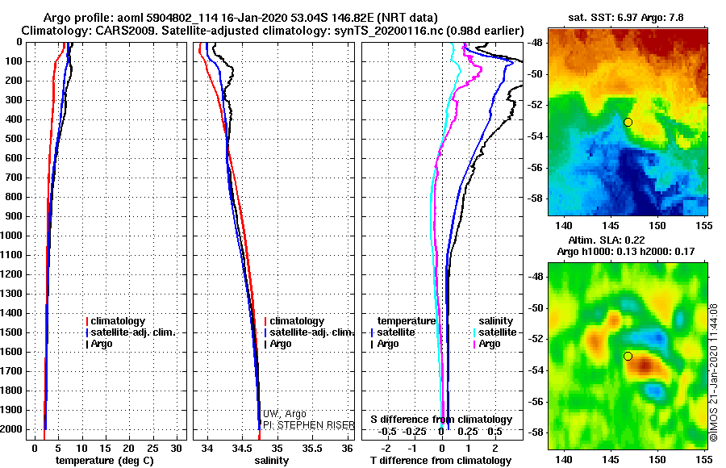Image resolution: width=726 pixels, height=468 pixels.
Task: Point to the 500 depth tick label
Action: [x=15, y=139]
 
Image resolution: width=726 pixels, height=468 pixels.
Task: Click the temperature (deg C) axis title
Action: [x=104, y=460]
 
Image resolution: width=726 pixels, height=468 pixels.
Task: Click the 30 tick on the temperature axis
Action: [x=177, y=448]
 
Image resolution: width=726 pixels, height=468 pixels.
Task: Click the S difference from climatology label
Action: [x=440, y=420]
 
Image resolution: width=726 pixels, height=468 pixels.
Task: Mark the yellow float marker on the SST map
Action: [x=628, y=122]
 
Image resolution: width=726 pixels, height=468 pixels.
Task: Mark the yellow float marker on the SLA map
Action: [x=628, y=356]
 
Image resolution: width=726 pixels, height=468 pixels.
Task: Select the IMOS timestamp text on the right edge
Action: [x=713, y=372]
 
